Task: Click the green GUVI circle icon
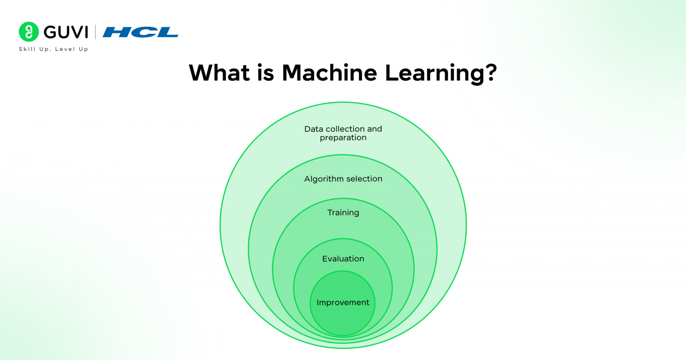29,32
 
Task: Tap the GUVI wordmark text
66,32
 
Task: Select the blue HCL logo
140,32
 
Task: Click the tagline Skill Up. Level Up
53,49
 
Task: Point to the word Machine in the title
329,73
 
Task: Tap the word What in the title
219,73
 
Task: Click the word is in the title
265,73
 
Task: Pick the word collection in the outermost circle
345,129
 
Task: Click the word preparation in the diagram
343,138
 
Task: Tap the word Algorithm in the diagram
321,179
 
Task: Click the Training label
343,213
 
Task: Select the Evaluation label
343,259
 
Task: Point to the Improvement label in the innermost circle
343,302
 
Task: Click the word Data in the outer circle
314,129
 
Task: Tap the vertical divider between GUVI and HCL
95,32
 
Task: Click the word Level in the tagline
65,49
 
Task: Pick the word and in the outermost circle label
375,129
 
